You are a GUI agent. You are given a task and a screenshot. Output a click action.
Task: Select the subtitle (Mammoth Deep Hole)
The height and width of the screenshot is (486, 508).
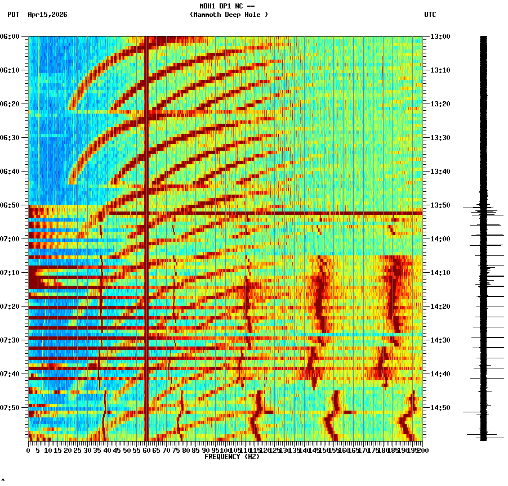tap(229, 15)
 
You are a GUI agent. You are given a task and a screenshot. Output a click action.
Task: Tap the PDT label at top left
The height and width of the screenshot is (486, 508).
tap(13, 15)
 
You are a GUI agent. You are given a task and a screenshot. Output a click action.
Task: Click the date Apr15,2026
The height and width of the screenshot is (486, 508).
tap(47, 15)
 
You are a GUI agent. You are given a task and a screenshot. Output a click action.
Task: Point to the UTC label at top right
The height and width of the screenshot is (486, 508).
tap(430, 15)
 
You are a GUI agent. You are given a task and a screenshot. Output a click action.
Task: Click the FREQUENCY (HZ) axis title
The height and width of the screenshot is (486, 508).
tap(231, 457)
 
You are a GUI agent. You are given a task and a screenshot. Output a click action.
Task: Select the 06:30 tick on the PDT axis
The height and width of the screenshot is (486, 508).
tap(11, 138)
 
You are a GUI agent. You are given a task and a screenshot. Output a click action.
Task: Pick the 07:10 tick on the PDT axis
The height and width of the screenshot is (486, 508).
tap(11, 273)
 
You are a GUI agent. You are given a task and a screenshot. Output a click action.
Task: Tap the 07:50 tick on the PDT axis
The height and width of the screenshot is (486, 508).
tap(11, 408)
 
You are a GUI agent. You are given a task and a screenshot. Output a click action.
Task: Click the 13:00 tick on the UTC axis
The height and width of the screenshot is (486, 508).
tap(440, 37)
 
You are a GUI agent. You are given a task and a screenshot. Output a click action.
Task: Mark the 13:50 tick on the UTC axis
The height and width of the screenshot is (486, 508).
tap(440, 205)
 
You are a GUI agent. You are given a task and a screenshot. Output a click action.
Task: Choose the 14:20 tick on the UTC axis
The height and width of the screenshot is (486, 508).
tap(440, 307)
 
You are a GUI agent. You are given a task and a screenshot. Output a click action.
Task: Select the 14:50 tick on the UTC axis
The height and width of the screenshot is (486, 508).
tap(440, 408)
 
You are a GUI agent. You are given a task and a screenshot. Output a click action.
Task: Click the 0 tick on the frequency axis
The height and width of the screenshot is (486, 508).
tap(29, 450)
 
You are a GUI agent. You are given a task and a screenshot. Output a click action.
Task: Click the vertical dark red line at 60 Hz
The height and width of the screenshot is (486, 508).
tap(146, 236)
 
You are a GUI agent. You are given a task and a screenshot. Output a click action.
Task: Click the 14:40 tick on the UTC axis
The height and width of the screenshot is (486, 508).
tap(440, 374)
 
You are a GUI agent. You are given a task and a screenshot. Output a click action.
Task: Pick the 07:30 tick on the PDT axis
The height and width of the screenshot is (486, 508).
tap(11, 340)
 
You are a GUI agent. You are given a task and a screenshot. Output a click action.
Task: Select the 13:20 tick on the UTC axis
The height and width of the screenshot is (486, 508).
tap(440, 104)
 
